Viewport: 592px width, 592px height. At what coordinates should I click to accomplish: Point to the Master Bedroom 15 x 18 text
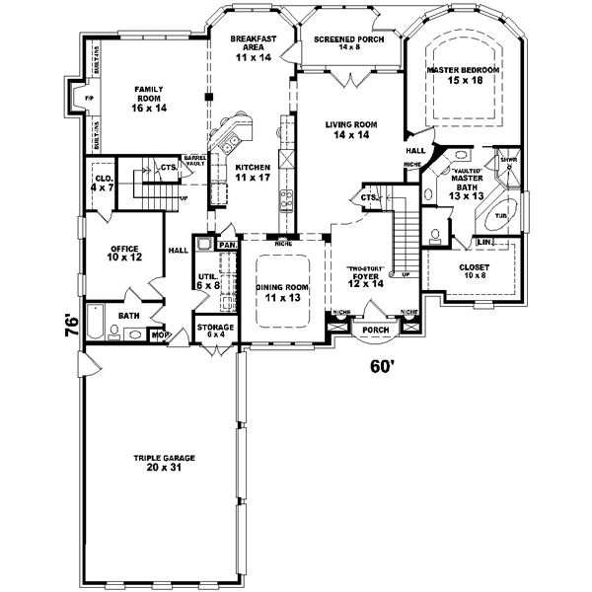(x=463, y=77)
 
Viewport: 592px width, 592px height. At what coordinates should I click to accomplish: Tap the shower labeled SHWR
(x=508, y=159)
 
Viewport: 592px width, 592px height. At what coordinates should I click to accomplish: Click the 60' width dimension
(x=382, y=366)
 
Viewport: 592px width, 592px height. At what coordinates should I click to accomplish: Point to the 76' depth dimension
(x=72, y=326)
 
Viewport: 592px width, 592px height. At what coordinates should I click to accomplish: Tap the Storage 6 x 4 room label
(x=215, y=330)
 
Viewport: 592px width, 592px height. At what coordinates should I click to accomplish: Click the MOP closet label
(x=158, y=335)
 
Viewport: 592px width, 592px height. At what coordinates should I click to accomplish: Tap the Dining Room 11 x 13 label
(x=283, y=292)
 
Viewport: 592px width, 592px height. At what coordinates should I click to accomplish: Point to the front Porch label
(x=375, y=330)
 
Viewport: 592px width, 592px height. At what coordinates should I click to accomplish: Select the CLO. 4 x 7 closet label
(x=99, y=182)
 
